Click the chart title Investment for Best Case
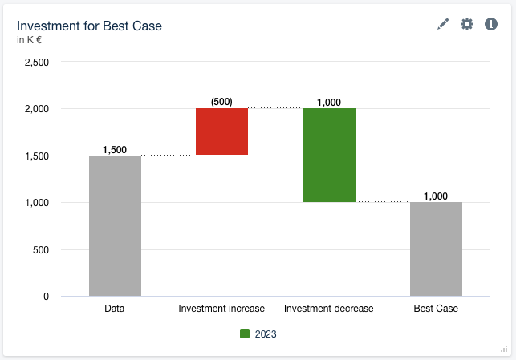pos(89,26)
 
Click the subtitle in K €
pos(30,40)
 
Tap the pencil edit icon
pos(443,25)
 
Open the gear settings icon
pos(467,24)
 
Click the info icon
pos(491,24)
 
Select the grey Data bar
pos(115,225)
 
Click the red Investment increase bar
pos(221,131)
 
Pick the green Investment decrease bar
pos(329,155)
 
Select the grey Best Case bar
pos(436,249)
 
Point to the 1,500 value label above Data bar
pos(115,150)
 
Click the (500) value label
pos(221,102)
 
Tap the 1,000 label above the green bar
pos(329,102)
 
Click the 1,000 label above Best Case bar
pos(436,196)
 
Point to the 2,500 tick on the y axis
pos(37,62)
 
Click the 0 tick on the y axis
pos(45,297)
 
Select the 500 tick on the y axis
pos(40,250)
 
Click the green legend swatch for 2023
pos(245,334)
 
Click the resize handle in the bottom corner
pos(505,349)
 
